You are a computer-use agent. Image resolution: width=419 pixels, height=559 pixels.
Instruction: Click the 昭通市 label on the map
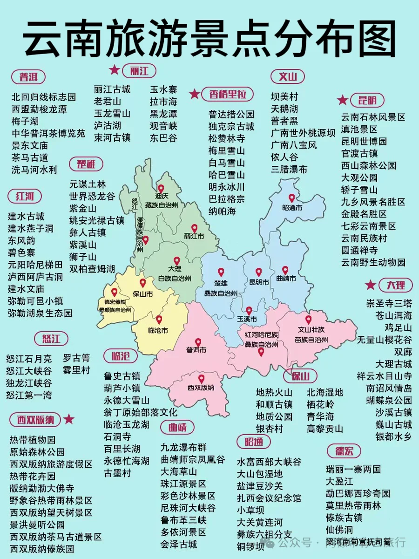point(292,208)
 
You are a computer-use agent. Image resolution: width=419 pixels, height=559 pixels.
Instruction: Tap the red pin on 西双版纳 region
point(201,379)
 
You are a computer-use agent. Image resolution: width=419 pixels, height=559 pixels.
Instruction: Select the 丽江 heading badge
point(139,71)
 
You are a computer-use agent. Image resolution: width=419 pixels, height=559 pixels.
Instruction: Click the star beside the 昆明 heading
point(342,100)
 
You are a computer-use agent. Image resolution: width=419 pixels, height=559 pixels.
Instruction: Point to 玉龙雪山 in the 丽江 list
point(112,113)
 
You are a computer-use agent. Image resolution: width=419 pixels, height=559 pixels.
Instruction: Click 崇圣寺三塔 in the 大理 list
point(389,303)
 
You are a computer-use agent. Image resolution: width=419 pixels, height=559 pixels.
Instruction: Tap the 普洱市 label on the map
point(196,350)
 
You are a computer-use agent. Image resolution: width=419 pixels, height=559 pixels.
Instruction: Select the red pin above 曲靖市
point(285,270)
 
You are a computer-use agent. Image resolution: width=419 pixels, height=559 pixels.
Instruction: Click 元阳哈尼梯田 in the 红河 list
point(35,265)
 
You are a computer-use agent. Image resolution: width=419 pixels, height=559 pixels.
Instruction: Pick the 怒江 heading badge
point(51,338)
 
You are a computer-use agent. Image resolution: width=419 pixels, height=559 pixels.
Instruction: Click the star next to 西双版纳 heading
point(69,419)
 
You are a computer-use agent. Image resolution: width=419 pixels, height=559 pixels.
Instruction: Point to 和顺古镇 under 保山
point(274,404)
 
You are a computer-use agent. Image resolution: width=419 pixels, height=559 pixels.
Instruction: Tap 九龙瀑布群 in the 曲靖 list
point(183,447)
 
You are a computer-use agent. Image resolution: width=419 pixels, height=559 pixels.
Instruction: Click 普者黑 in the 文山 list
point(284,121)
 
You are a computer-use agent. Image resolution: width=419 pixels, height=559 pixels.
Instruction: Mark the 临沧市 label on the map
point(158,330)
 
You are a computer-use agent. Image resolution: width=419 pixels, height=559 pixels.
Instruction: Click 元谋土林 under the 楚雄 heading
point(88,184)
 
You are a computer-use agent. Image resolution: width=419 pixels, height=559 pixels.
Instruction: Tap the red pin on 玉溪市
point(249,310)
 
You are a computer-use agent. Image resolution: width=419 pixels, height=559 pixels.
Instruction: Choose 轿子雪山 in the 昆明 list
point(359,190)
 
